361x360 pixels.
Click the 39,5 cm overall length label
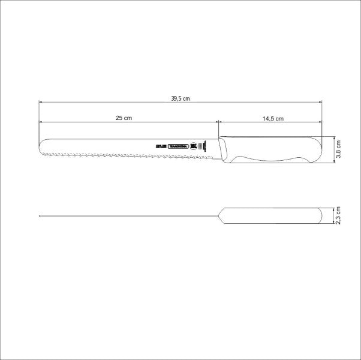(x=180, y=98)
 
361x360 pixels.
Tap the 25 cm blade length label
(x=124, y=118)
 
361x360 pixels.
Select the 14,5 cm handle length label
(x=272, y=118)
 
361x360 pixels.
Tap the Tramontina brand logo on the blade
(x=178, y=146)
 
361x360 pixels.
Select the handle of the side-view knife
(x=270, y=150)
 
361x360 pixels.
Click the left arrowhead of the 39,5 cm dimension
(x=41, y=103)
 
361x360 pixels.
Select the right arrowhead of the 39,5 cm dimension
(x=321, y=103)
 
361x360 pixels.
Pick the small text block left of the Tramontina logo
(x=160, y=146)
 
